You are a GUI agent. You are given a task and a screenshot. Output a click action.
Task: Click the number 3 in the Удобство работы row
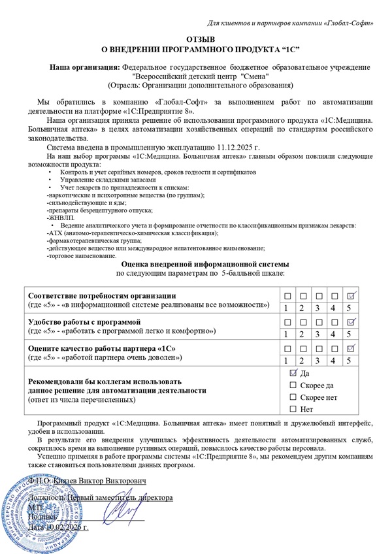click(318, 334)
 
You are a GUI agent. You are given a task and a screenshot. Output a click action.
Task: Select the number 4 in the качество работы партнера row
click(334, 360)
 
